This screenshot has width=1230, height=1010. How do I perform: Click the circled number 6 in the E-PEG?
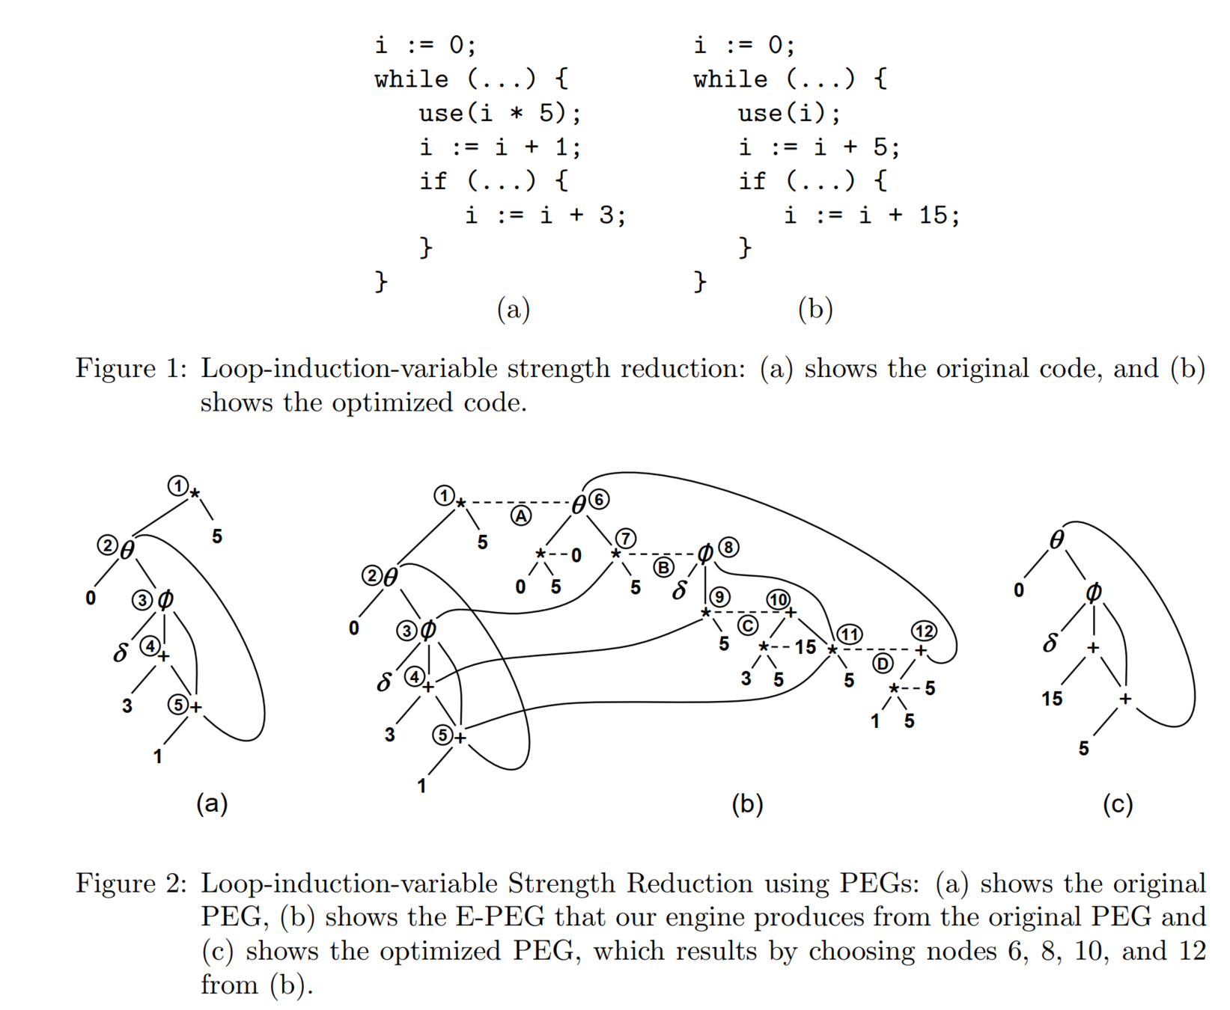[x=599, y=499]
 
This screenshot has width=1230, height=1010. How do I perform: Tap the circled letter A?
[x=521, y=515]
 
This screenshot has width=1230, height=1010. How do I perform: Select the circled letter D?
[x=883, y=664]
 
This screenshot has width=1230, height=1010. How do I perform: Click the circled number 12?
[x=924, y=631]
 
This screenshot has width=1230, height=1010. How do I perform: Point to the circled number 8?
[x=728, y=548]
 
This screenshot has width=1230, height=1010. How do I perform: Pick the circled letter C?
[x=747, y=625]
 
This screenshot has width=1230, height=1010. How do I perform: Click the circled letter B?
[x=663, y=567]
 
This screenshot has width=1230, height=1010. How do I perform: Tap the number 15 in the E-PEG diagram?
[x=805, y=646]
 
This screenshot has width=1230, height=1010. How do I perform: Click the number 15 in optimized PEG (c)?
[x=1052, y=699]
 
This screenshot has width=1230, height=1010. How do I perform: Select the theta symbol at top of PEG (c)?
[x=1056, y=540]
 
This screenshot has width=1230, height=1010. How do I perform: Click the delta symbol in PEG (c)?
[x=1050, y=643]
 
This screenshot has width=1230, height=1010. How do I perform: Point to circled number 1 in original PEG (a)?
[x=177, y=486]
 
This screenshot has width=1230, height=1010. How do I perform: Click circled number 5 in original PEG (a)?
[x=177, y=704]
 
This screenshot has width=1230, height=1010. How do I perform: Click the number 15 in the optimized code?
[x=933, y=215]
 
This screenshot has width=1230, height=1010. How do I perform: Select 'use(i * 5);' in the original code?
[x=499, y=113]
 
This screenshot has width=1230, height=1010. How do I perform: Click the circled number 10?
[x=778, y=599]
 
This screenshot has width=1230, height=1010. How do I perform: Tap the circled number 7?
[x=626, y=538]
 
